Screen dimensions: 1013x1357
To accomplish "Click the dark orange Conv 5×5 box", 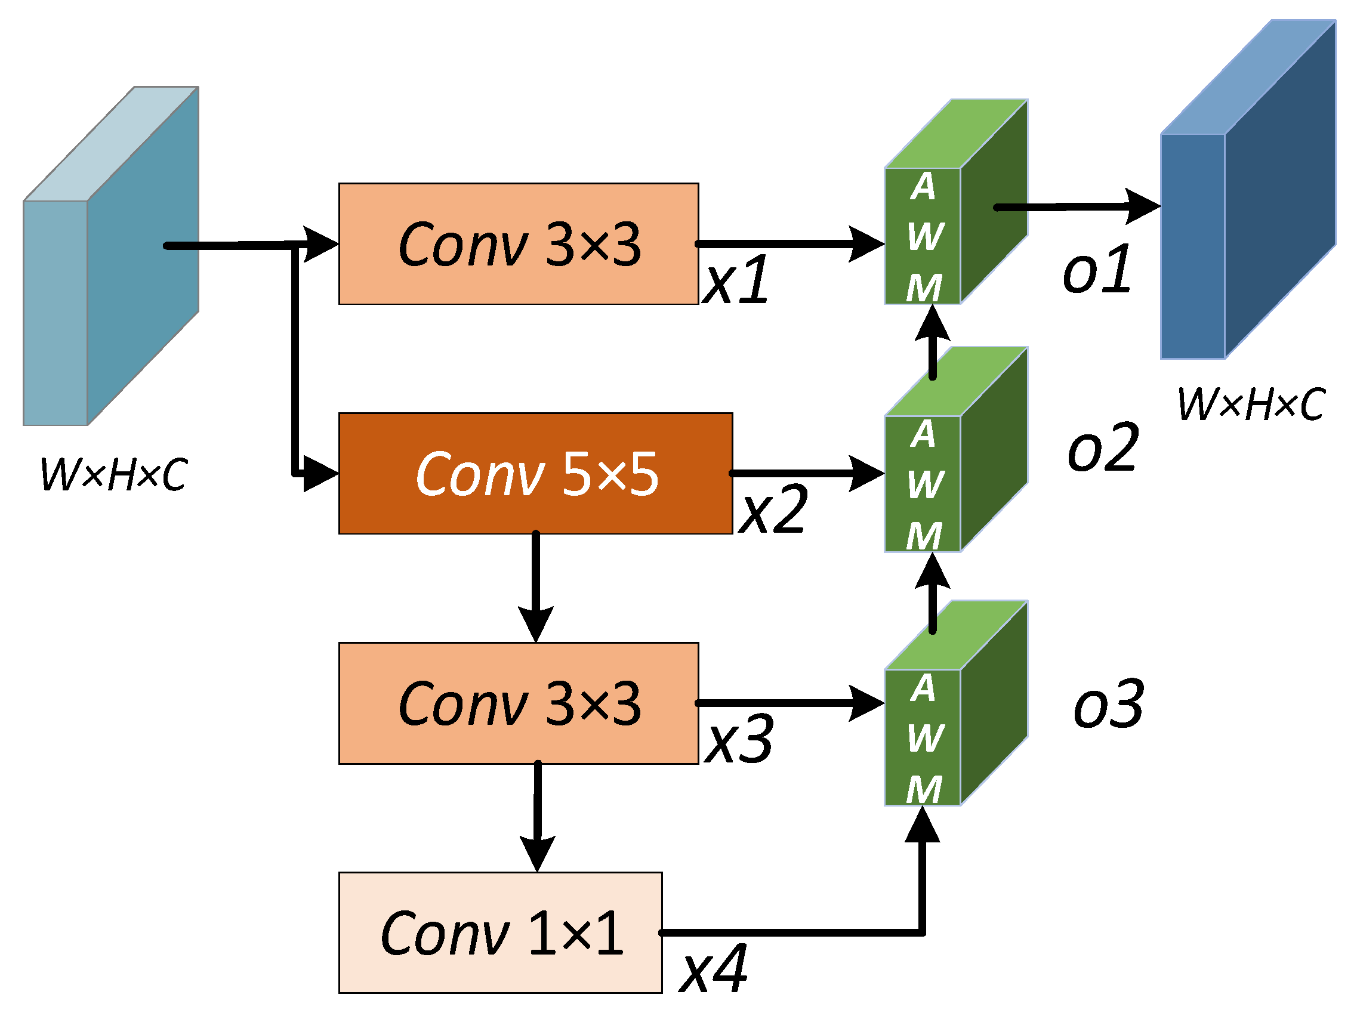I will click(x=535, y=473).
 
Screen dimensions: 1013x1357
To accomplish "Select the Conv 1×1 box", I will click(x=499, y=932).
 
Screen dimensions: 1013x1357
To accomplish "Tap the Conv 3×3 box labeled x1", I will click(x=518, y=243).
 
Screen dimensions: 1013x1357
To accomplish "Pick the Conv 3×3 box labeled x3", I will click(x=518, y=703).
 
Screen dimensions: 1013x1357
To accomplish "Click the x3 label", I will click(x=739, y=740).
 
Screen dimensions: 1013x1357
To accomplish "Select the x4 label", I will click(x=713, y=969).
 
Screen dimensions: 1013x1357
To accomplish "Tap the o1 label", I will click(x=1097, y=268).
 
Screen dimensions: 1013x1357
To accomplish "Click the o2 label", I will click(x=1103, y=448).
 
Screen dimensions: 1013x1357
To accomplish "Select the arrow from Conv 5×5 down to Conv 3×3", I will click(x=536, y=582).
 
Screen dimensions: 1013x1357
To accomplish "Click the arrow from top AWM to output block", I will click(x=1073, y=207).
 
